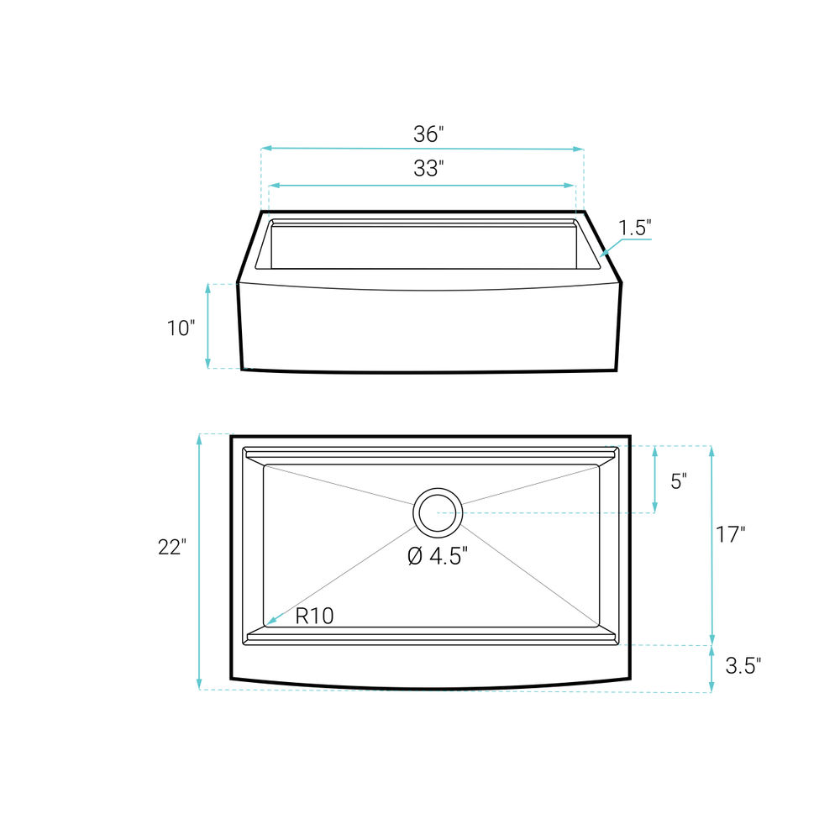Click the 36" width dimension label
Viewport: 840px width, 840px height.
(428, 134)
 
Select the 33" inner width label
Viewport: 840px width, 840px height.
(428, 168)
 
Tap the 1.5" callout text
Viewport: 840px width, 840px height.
(635, 228)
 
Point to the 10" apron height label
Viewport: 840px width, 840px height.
(181, 328)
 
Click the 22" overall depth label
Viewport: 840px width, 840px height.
(172, 547)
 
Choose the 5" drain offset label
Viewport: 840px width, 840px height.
(679, 481)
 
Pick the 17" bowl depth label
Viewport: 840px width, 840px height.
(731, 534)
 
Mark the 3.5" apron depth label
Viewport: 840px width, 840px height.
(743, 666)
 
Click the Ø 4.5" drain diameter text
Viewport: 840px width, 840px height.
(438, 556)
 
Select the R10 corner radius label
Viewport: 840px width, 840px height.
(314, 616)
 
